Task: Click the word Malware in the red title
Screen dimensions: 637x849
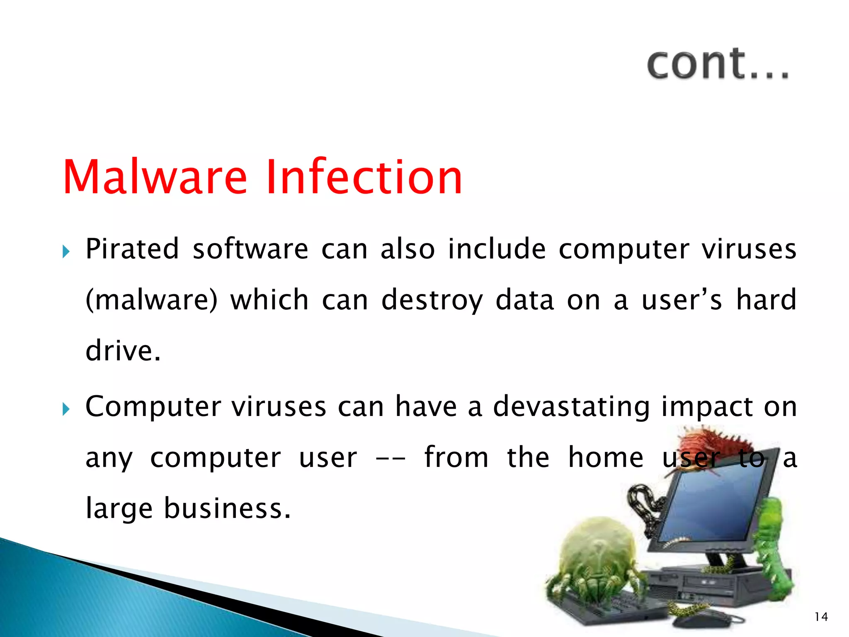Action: point(155,177)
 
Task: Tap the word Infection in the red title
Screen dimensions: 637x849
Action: point(364,177)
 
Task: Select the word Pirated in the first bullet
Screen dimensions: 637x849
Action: point(132,249)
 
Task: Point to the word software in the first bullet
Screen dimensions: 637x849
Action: point(250,249)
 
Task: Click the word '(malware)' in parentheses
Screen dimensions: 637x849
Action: point(151,300)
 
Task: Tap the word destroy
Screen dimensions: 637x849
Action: point(432,300)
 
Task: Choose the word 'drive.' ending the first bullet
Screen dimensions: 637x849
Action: point(123,351)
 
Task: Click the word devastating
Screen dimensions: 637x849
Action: point(571,406)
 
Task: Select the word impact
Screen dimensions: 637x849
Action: point(706,406)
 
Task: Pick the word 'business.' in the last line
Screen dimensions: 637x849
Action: point(227,508)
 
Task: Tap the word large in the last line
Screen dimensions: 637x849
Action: point(119,508)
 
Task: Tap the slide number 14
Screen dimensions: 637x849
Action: point(821,617)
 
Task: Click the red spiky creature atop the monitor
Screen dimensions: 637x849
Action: point(713,444)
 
